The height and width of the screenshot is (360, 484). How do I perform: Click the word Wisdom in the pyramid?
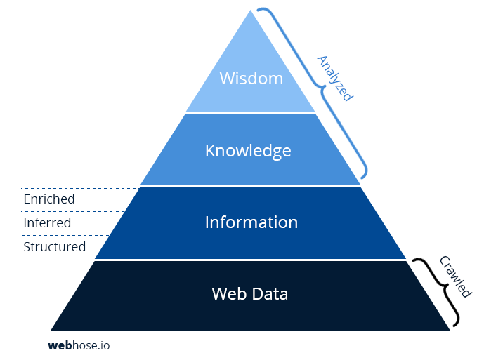[x=251, y=79]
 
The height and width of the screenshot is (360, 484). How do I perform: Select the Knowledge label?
[x=248, y=151]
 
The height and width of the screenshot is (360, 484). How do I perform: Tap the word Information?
[x=251, y=222]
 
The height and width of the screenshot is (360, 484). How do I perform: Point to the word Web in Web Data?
[x=229, y=293]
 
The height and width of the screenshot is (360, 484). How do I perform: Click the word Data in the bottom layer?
[x=270, y=293]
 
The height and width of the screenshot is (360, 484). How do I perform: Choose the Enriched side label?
[x=49, y=199]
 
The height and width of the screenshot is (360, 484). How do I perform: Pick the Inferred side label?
[x=47, y=222]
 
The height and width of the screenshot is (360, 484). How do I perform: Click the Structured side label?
[x=54, y=246]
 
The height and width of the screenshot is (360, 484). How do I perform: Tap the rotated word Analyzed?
[x=335, y=79]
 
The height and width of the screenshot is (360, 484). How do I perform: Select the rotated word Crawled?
[x=455, y=276]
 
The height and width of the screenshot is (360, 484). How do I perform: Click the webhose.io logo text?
[x=79, y=345]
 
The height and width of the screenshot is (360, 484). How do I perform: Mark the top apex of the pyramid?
[x=250, y=11]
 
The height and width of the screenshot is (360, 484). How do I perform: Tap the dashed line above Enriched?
[x=80, y=188]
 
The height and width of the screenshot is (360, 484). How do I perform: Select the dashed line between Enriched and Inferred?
[x=72, y=212]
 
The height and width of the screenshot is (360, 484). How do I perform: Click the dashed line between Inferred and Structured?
[x=65, y=235]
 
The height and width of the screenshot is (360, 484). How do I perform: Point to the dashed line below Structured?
[x=58, y=258]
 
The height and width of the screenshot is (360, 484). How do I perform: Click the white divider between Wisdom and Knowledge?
[x=250, y=113]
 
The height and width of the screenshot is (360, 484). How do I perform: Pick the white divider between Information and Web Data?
[x=250, y=260]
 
